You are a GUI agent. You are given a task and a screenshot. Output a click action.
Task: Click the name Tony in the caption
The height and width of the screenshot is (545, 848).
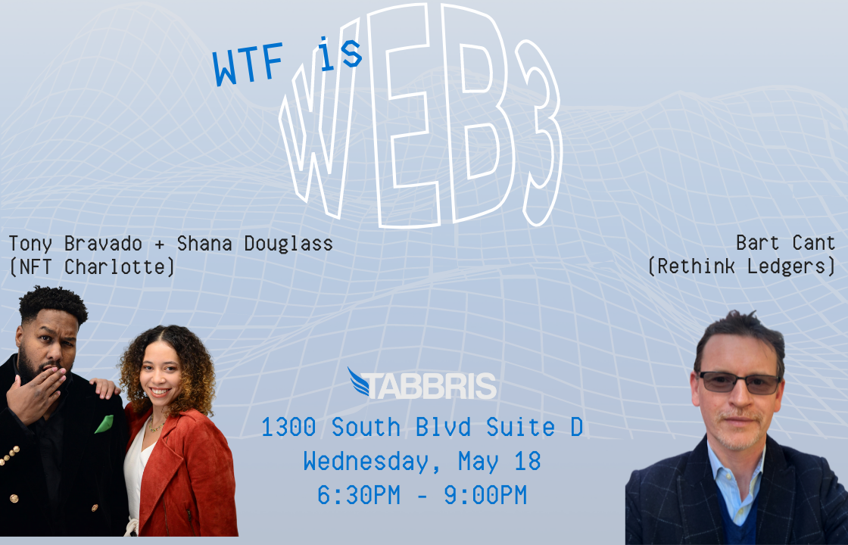30,244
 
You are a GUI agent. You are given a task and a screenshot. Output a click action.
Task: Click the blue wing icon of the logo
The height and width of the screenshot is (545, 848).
358,381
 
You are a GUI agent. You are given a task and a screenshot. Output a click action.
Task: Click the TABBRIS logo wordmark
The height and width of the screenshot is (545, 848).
429,385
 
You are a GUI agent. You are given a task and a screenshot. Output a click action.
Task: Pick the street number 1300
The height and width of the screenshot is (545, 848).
288,427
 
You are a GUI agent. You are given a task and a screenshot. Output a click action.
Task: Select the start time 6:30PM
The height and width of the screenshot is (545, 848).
359,495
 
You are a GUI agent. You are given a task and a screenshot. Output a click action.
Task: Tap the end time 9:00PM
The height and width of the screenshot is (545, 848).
485,495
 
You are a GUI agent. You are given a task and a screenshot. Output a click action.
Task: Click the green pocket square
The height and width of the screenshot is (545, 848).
104,424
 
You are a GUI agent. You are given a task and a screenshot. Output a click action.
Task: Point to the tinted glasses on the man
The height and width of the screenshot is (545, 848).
740,381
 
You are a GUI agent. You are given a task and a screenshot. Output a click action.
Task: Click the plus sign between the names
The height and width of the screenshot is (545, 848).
159,244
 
